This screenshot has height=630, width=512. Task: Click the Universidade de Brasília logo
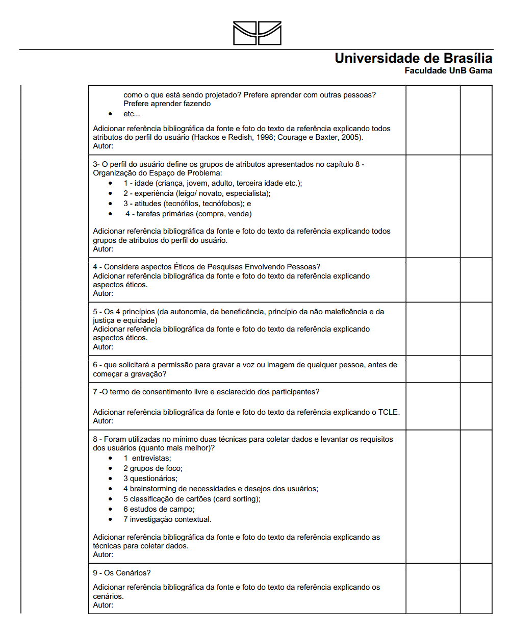[257, 33]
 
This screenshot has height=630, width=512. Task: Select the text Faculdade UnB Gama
[448, 71]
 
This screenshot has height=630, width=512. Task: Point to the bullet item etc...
[131, 114]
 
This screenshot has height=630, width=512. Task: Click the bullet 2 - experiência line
[196, 193]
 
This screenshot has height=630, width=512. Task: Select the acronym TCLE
[388, 412]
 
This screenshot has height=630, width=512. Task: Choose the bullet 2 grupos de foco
[152, 468]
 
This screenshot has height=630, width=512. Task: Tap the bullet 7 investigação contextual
[167, 519]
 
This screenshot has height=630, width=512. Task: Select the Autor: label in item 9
[103, 605]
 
